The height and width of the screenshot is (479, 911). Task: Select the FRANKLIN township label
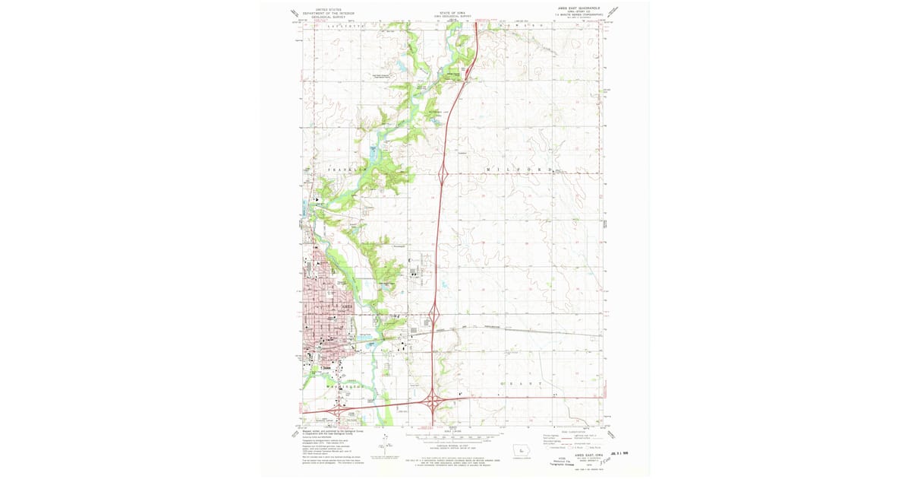coord(346,169)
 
